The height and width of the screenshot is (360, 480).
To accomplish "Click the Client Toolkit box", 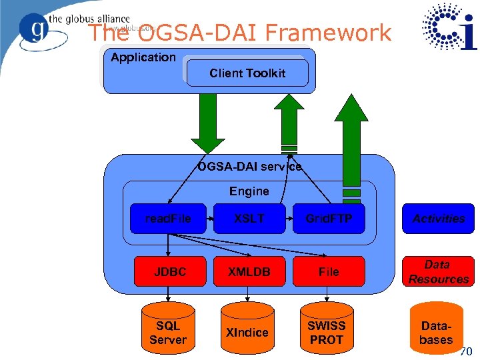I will tap(247, 73).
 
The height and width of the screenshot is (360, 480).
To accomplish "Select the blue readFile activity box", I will tap(168, 219).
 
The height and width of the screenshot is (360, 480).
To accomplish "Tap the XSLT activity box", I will tap(249, 219).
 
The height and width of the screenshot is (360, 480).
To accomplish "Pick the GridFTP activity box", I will tap(329, 219).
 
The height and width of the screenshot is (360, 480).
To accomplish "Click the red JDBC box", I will tap(170, 271).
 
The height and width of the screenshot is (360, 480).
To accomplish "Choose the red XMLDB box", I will tap(249, 271).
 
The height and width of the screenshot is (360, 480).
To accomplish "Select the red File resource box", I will tap(329, 271).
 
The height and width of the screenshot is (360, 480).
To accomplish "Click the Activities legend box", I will tap(438, 219).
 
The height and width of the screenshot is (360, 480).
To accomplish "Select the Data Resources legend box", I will tap(438, 272).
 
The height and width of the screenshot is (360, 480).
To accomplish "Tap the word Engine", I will tap(249, 191).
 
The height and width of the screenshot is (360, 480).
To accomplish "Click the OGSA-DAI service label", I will tap(249, 166).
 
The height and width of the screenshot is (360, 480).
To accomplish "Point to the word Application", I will tap(143, 57).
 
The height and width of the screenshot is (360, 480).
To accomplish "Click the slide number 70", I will tap(465, 351).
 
